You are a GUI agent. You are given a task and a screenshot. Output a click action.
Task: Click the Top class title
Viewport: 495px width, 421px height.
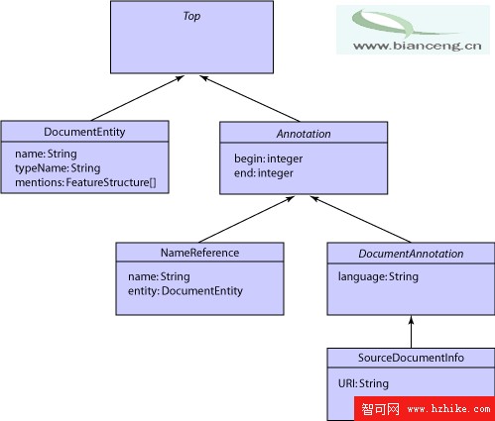coord(191,16)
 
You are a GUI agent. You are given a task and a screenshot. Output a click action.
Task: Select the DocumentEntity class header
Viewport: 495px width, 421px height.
coord(84,132)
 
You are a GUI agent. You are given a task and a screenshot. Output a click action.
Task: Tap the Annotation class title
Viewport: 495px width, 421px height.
coord(304,134)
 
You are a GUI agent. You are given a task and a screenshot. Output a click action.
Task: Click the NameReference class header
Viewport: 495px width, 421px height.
coord(199,253)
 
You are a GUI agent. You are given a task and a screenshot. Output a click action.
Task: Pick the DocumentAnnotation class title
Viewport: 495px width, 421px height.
coord(411,254)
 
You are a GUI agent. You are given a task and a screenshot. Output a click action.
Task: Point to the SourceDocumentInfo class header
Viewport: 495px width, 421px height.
coord(411,358)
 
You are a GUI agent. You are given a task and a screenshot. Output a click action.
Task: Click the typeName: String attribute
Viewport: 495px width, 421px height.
coord(58,168)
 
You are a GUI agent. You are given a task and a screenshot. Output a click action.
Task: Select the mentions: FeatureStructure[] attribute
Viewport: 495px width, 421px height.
coord(85,182)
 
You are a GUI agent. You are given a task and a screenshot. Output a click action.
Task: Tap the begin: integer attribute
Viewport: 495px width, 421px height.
coord(269,158)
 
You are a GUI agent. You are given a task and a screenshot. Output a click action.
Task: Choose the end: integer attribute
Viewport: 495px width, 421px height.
coord(264,173)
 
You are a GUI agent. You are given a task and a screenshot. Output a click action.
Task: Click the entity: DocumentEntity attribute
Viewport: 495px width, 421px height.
coord(186,291)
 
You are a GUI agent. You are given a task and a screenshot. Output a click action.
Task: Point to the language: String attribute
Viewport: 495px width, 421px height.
coord(378,276)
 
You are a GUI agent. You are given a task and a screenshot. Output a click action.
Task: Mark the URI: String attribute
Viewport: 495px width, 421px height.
coord(363,383)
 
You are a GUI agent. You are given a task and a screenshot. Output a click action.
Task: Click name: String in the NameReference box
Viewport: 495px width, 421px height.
coord(159,276)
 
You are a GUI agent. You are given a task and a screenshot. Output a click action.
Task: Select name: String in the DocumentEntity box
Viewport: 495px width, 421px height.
coord(46,154)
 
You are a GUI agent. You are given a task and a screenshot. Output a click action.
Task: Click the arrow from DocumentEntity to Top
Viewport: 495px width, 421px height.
coord(138,98)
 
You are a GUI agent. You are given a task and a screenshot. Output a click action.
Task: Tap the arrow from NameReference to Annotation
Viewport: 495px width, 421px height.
coord(247,219)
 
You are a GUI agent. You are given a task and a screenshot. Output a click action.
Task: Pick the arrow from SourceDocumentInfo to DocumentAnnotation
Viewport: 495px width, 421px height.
coord(412,332)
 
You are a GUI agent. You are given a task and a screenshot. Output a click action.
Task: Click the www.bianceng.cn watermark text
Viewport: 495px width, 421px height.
coord(418,46)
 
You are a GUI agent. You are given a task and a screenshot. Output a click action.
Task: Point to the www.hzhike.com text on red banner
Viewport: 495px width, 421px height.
coord(449,409)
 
